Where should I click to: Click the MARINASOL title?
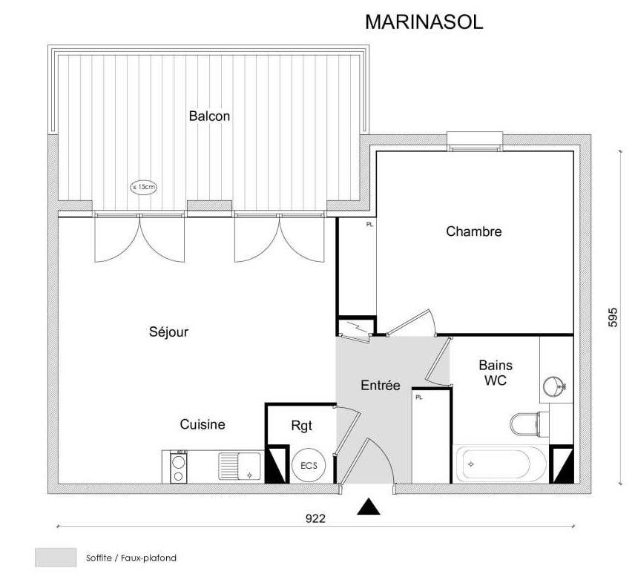[424, 22]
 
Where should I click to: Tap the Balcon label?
[209, 116]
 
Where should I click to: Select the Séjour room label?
[168, 332]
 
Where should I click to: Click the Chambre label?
[474, 231]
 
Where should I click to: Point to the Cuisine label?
[203, 424]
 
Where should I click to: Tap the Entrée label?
[381, 385]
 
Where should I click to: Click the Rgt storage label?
[302, 426]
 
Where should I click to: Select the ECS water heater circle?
[309, 465]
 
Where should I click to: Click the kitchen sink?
[240, 467]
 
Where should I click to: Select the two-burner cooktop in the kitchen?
[178, 467]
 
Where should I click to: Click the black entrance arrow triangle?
[369, 507]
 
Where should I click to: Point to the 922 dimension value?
[315, 518]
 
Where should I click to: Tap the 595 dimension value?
[613, 317]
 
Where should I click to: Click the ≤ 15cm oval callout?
[143, 187]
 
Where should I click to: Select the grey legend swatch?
[56, 557]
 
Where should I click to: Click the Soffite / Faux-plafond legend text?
[131, 558]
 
